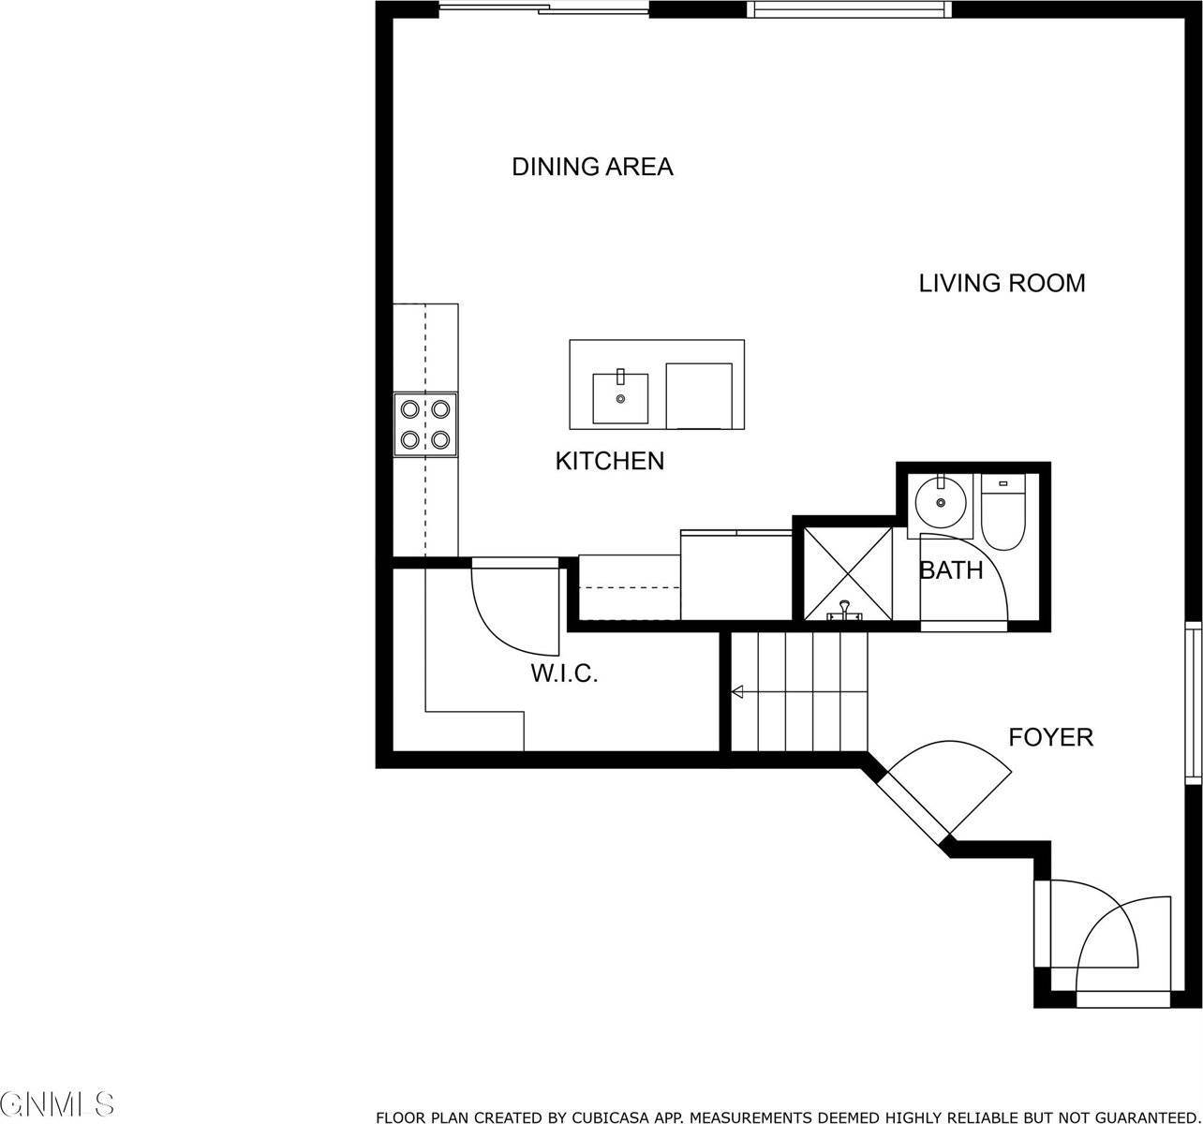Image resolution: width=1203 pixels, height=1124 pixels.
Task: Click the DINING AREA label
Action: [592, 168]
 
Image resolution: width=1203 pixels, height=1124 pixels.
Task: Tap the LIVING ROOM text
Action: [1002, 283]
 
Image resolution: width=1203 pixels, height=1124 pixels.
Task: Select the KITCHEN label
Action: [610, 461]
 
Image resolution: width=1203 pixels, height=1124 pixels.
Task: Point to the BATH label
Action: [951, 570]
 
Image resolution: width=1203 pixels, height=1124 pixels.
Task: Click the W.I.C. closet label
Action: [564, 673]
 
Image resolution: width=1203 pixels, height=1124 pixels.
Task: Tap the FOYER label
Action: [1050, 737]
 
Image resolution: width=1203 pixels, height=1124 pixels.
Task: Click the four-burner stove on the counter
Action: [425, 423]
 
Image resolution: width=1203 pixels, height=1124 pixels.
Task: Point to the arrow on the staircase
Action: [737, 692]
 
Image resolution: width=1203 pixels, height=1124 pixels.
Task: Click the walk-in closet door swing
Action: [511, 609]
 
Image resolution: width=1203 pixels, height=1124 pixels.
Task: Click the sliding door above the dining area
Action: [543, 9]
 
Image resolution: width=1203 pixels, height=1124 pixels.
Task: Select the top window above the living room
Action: [849, 9]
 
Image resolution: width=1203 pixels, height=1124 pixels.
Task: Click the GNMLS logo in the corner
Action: [58, 1102]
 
